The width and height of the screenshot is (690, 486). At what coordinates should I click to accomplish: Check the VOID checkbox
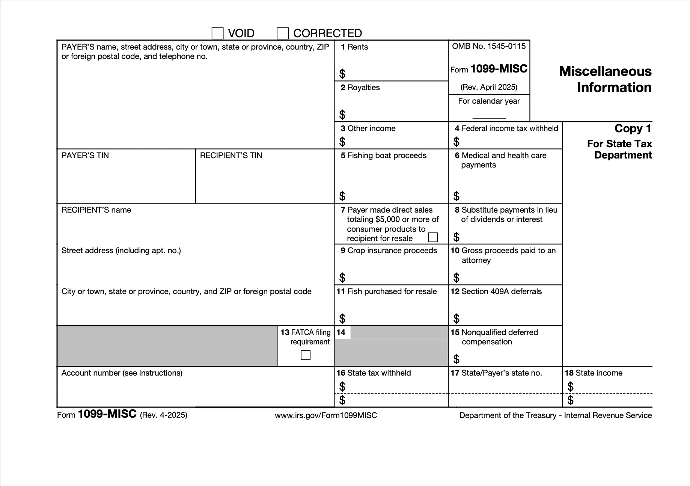point(218,33)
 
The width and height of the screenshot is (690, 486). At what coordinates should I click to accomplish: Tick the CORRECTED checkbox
point(283,33)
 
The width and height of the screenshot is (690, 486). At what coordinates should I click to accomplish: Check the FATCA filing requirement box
point(306,355)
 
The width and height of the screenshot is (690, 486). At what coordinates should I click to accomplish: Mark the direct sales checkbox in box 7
point(433,237)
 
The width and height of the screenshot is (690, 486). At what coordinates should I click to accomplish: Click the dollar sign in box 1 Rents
point(342,74)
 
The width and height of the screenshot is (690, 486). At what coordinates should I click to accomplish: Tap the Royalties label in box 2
point(363,88)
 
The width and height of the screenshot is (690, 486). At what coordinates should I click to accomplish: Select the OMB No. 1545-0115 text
point(489,46)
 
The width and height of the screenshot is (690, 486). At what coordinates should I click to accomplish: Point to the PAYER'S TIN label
point(85,155)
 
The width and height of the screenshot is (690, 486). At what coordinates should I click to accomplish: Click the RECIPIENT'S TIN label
point(231,155)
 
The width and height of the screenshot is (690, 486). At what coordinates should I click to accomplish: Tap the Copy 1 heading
point(633,128)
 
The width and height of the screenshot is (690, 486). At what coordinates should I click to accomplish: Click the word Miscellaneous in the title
point(605,71)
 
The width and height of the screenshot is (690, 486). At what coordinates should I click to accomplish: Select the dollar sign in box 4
point(456,142)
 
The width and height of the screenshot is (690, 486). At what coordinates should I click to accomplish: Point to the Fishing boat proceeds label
point(387,155)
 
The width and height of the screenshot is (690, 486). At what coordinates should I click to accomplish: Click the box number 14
point(341,332)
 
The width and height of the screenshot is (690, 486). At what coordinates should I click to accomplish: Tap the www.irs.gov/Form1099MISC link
point(326,415)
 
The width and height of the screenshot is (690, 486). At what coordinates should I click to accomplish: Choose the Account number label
point(122,373)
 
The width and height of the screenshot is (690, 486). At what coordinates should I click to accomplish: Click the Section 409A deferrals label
point(501,291)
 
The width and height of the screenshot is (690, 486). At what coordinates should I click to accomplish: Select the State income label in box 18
point(598,373)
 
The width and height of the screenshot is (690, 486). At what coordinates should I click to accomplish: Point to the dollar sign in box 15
point(456,359)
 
